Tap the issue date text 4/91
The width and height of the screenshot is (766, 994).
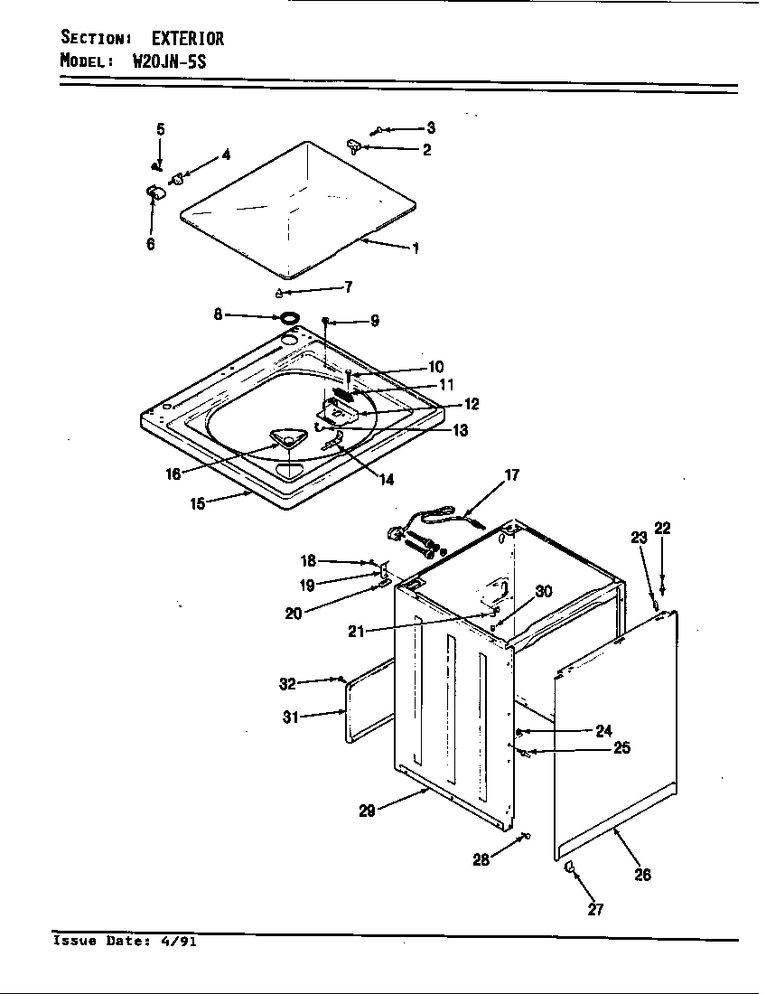coord(179,942)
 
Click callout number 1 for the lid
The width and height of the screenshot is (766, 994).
coord(416,248)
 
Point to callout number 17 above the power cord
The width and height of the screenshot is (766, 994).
coord(512,475)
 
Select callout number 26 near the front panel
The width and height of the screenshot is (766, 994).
coord(642,874)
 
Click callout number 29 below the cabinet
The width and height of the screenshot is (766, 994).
coord(367,811)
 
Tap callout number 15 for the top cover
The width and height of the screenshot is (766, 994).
coord(198,503)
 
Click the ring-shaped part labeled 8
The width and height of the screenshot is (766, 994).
coord(289,317)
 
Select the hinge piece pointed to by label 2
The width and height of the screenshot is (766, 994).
coord(354,144)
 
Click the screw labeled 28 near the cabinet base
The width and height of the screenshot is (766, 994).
coord(524,837)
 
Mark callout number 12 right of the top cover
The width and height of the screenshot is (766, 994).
coord(472,404)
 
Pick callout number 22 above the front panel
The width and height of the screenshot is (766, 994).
coord(662,529)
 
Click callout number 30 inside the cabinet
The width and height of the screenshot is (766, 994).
coord(543,591)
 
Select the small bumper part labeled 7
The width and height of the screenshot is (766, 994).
coord(279,292)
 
